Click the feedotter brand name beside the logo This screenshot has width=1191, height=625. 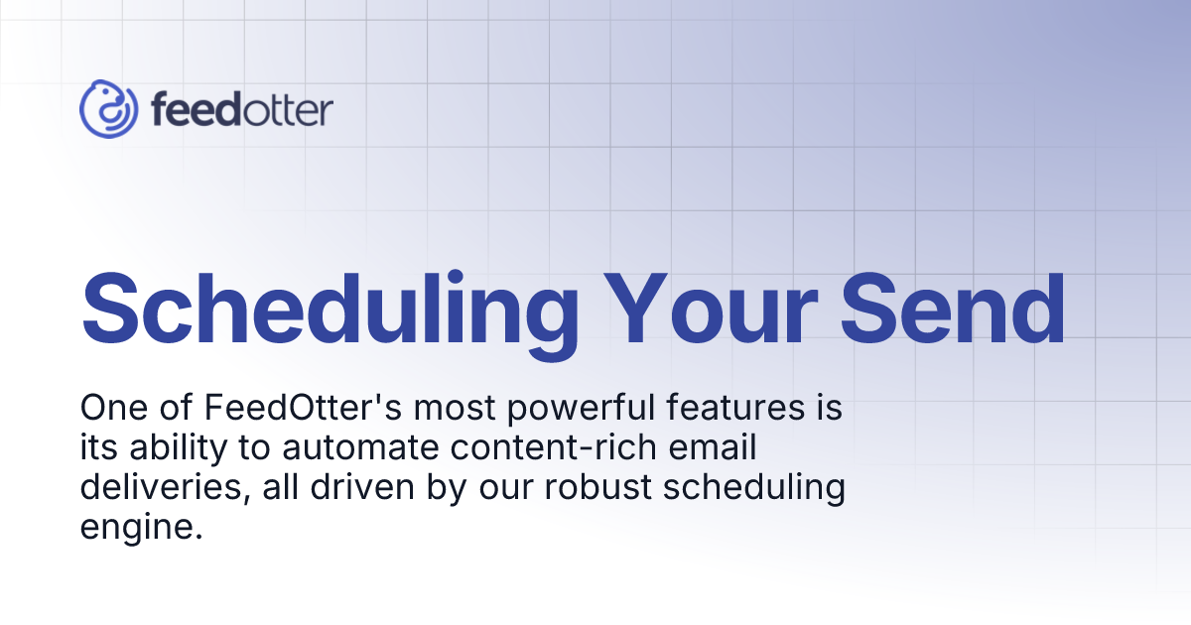tap(242, 109)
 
